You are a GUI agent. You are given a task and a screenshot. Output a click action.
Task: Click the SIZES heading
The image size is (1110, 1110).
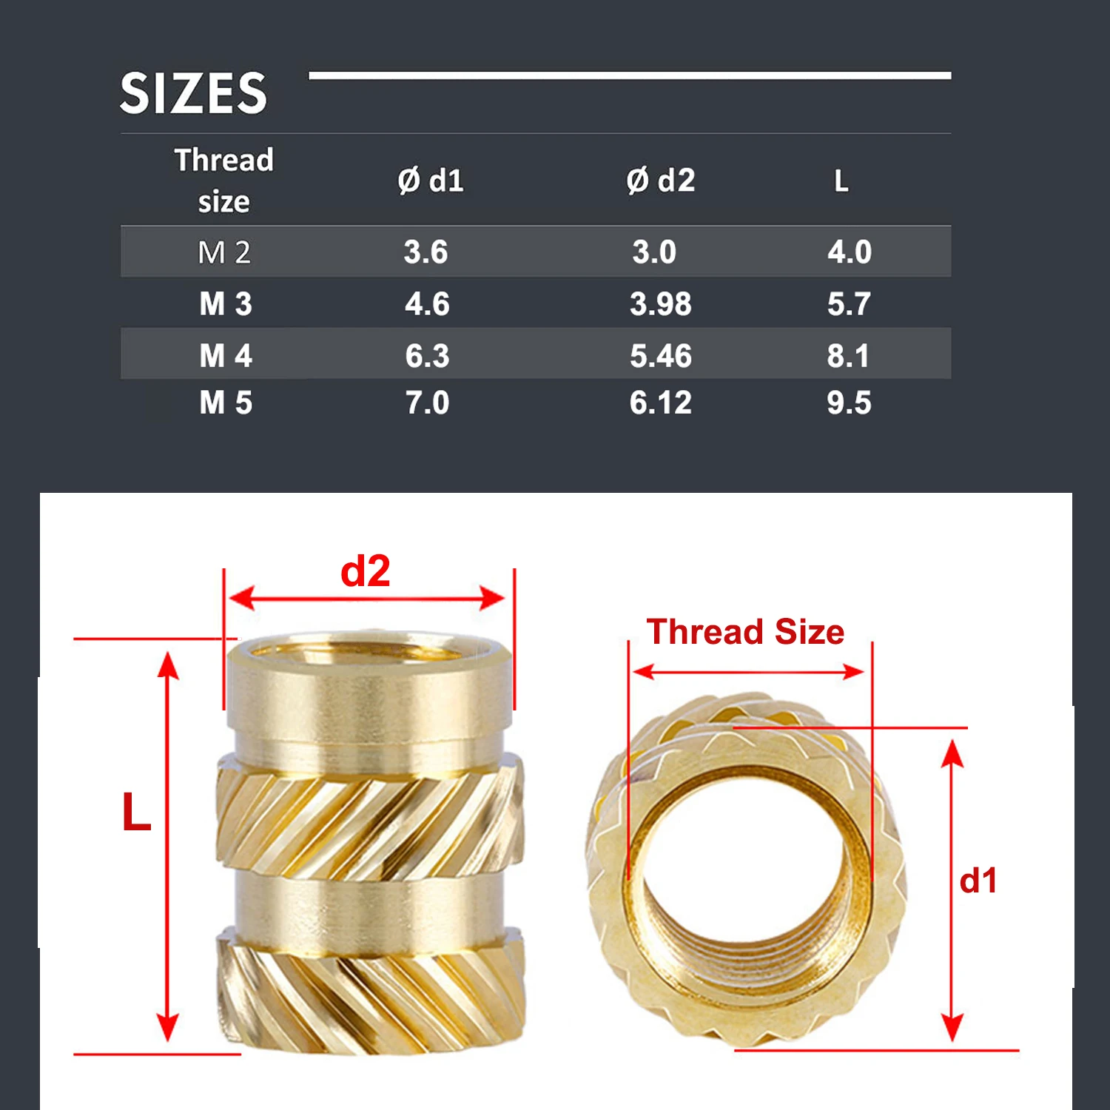point(193,93)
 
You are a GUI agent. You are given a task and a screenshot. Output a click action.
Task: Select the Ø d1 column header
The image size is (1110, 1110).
point(431,181)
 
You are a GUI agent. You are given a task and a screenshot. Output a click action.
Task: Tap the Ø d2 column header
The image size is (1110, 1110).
point(661,181)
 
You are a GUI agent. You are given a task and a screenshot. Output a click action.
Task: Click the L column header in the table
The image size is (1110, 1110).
point(841,181)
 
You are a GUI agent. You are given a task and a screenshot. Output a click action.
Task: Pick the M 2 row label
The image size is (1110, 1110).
point(224,253)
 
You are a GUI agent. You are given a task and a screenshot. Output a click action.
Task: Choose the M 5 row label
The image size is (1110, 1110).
point(226,403)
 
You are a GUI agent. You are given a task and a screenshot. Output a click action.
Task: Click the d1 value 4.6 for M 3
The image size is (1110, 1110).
point(427,304)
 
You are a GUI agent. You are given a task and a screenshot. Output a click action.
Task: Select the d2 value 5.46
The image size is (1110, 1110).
point(661,356)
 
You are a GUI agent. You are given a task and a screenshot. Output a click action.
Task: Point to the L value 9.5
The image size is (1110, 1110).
point(850,403)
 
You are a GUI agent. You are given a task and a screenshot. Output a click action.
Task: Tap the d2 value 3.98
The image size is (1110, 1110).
point(661,304)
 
